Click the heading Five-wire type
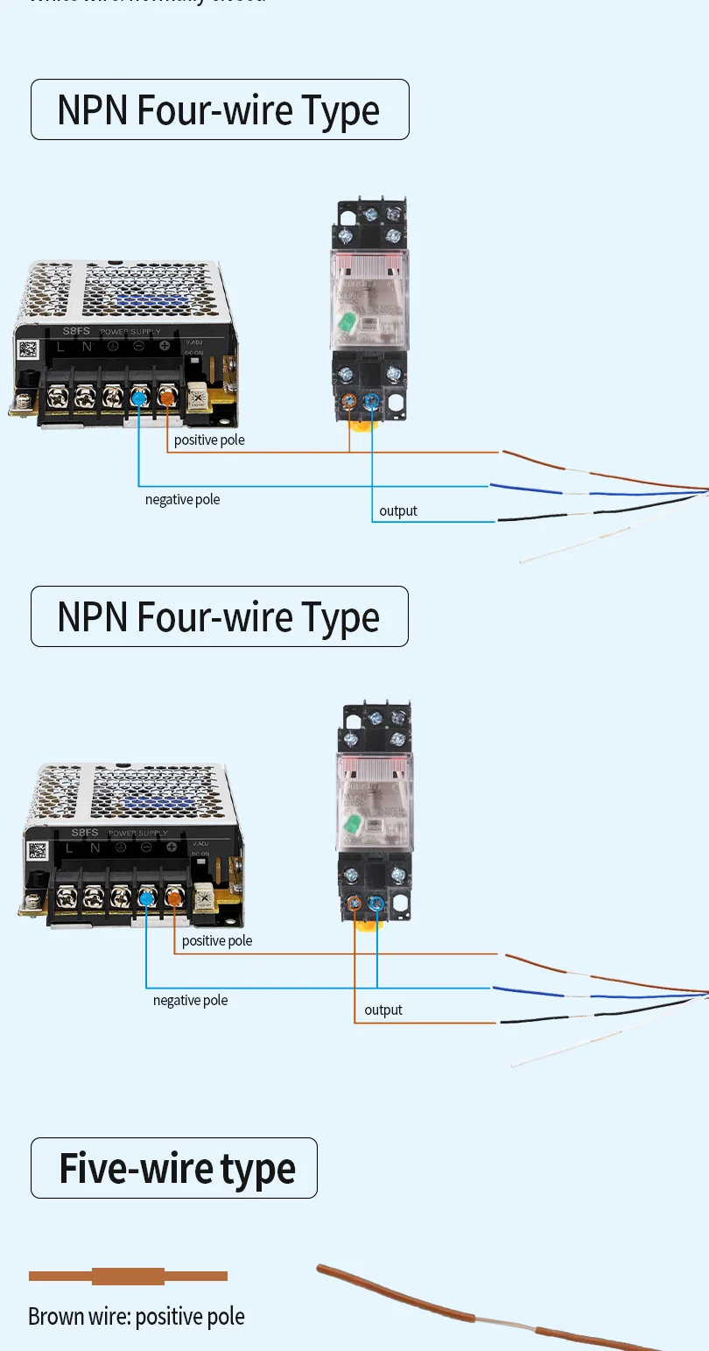pyautogui.click(x=177, y=1168)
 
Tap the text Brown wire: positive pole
pyautogui.click(x=136, y=1316)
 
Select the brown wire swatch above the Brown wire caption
pyautogui.click(x=128, y=1276)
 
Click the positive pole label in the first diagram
pyautogui.click(x=209, y=440)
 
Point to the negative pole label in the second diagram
pyautogui.click(x=190, y=1000)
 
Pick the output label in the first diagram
pyautogui.click(x=398, y=510)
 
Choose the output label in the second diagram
pyautogui.click(x=383, y=1010)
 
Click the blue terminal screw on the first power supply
pyautogui.click(x=138, y=398)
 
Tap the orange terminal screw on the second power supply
pyautogui.click(x=173, y=897)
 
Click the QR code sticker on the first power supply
pyautogui.click(x=27, y=349)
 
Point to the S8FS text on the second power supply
pyautogui.click(x=85, y=833)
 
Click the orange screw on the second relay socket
pyautogui.click(x=355, y=903)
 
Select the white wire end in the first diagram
pyautogui.click(x=525, y=559)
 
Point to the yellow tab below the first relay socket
pyautogui.click(x=361, y=427)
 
